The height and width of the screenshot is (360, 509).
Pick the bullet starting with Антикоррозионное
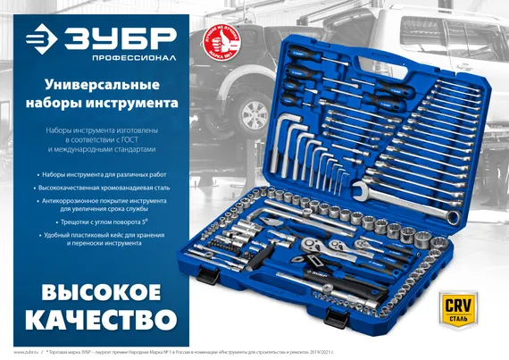pos(108,202)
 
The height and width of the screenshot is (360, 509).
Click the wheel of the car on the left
pos(253,115)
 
